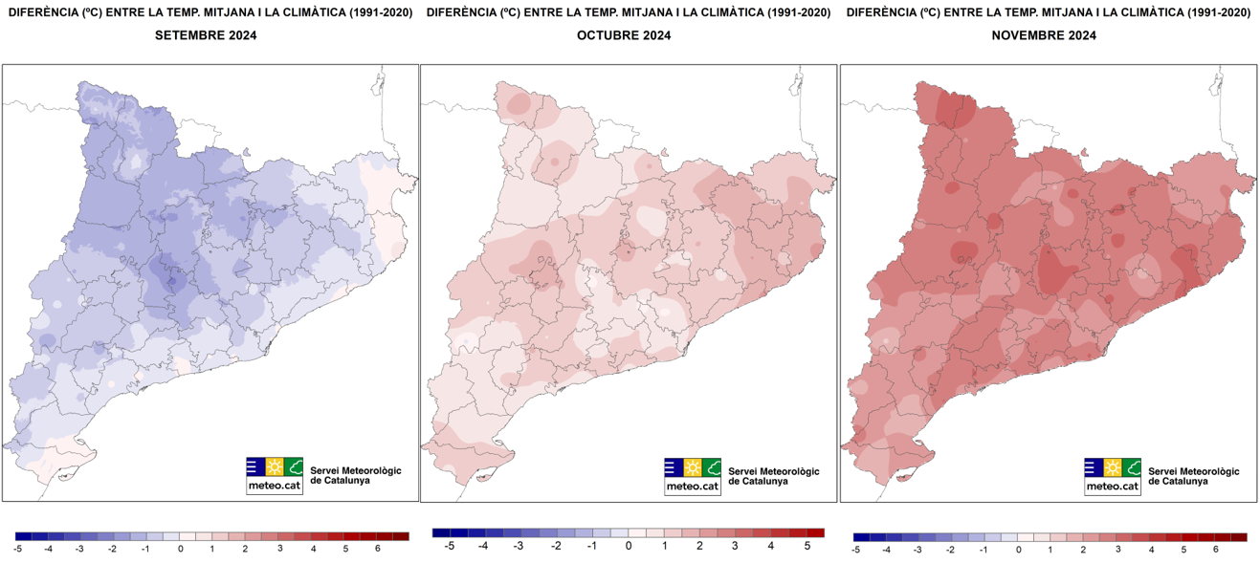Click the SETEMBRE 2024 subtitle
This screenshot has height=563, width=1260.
pos(206,35)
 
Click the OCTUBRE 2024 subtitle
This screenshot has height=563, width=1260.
pos(624,35)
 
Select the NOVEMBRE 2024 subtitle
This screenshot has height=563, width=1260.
pos(1044,35)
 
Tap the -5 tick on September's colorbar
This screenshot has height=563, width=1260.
pos(18,549)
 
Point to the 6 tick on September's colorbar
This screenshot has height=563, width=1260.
pos(378,549)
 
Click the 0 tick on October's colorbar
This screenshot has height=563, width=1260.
pos(629,545)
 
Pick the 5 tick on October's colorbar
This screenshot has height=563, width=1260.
pos(807,545)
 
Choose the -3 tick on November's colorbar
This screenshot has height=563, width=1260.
pos(917,550)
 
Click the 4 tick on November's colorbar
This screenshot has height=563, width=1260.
pos(1150,550)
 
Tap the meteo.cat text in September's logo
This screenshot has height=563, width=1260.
pos(275,486)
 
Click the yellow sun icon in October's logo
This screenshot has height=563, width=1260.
pos(694,467)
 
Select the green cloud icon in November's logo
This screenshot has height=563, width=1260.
pos(1132,467)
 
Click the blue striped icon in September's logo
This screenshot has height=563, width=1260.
pos(255,467)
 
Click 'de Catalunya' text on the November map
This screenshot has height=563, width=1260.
pos(1178,481)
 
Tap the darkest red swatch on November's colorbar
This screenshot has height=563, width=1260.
pos(1239,537)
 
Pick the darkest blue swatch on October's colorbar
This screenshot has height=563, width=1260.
pos(441,532)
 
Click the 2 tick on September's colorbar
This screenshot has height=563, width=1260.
pos(245,549)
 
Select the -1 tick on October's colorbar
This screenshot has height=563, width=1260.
pos(592,545)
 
